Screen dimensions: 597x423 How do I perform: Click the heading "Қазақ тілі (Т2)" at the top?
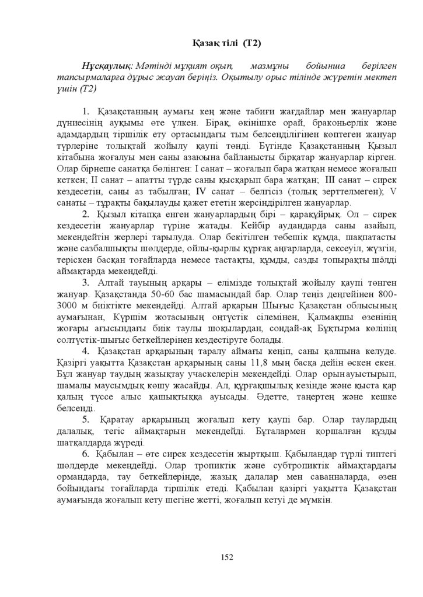[226, 44]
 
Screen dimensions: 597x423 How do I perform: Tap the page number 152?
[227, 557]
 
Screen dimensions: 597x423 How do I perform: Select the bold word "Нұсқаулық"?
[109, 68]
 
